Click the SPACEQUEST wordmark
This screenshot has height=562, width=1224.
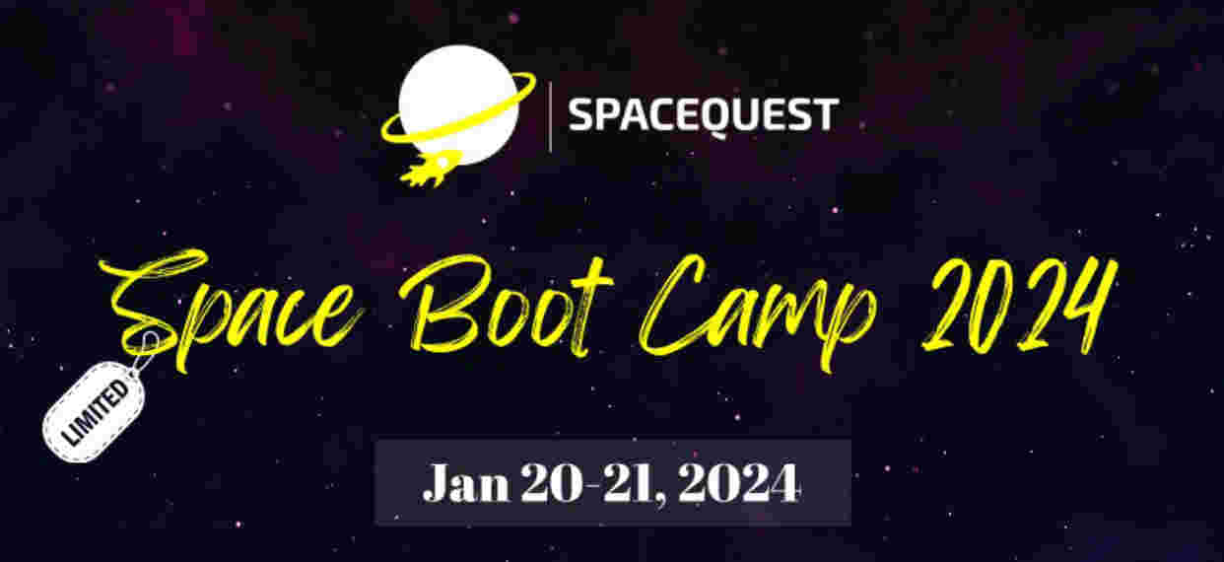pos(703,114)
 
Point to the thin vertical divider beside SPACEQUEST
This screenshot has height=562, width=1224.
pos(549,115)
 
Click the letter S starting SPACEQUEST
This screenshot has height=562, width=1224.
pos(581,114)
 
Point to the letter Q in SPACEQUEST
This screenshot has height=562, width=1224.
pos(717,115)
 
